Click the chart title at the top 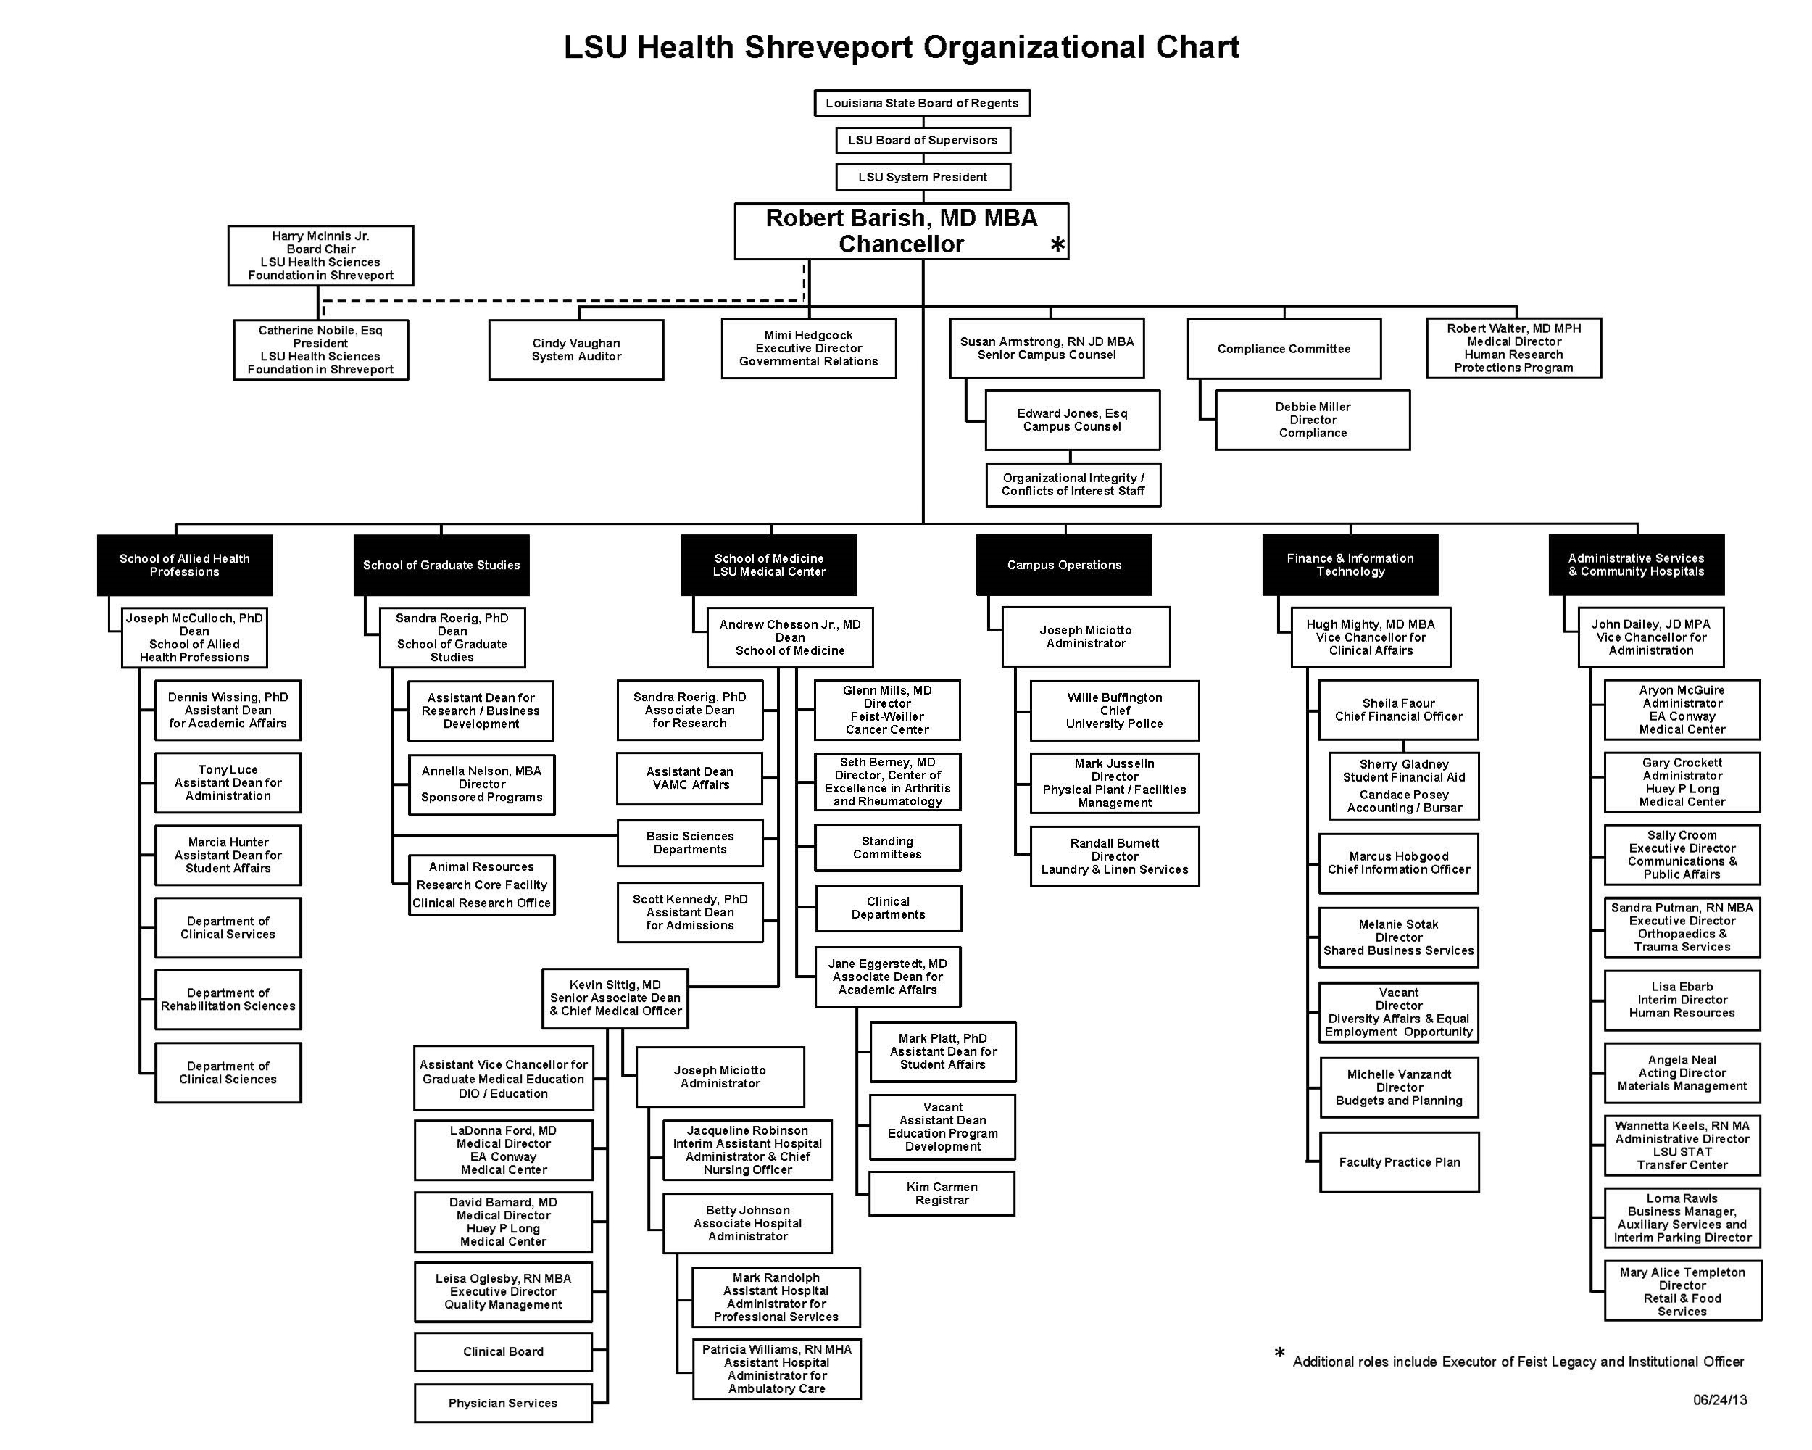tap(901, 47)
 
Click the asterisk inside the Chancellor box tap(1057, 244)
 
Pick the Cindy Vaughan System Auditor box tap(576, 349)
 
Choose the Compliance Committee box tap(1284, 349)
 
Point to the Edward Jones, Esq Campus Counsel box tap(1073, 420)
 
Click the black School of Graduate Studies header tap(441, 565)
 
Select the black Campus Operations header tap(1064, 565)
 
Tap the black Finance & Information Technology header tap(1350, 565)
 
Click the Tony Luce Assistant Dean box tap(228, 782)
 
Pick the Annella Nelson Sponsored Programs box tap(481, 784)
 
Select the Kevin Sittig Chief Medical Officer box tap(615, 998)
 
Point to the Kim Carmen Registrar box tap(942, 1193)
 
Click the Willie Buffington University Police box tap(1115, 710)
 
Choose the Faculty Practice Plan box tap(1400, 1162)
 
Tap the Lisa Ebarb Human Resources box tap(1682, 1000)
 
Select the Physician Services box tap(502, 1403)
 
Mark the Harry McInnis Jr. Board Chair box tap(320, 255)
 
